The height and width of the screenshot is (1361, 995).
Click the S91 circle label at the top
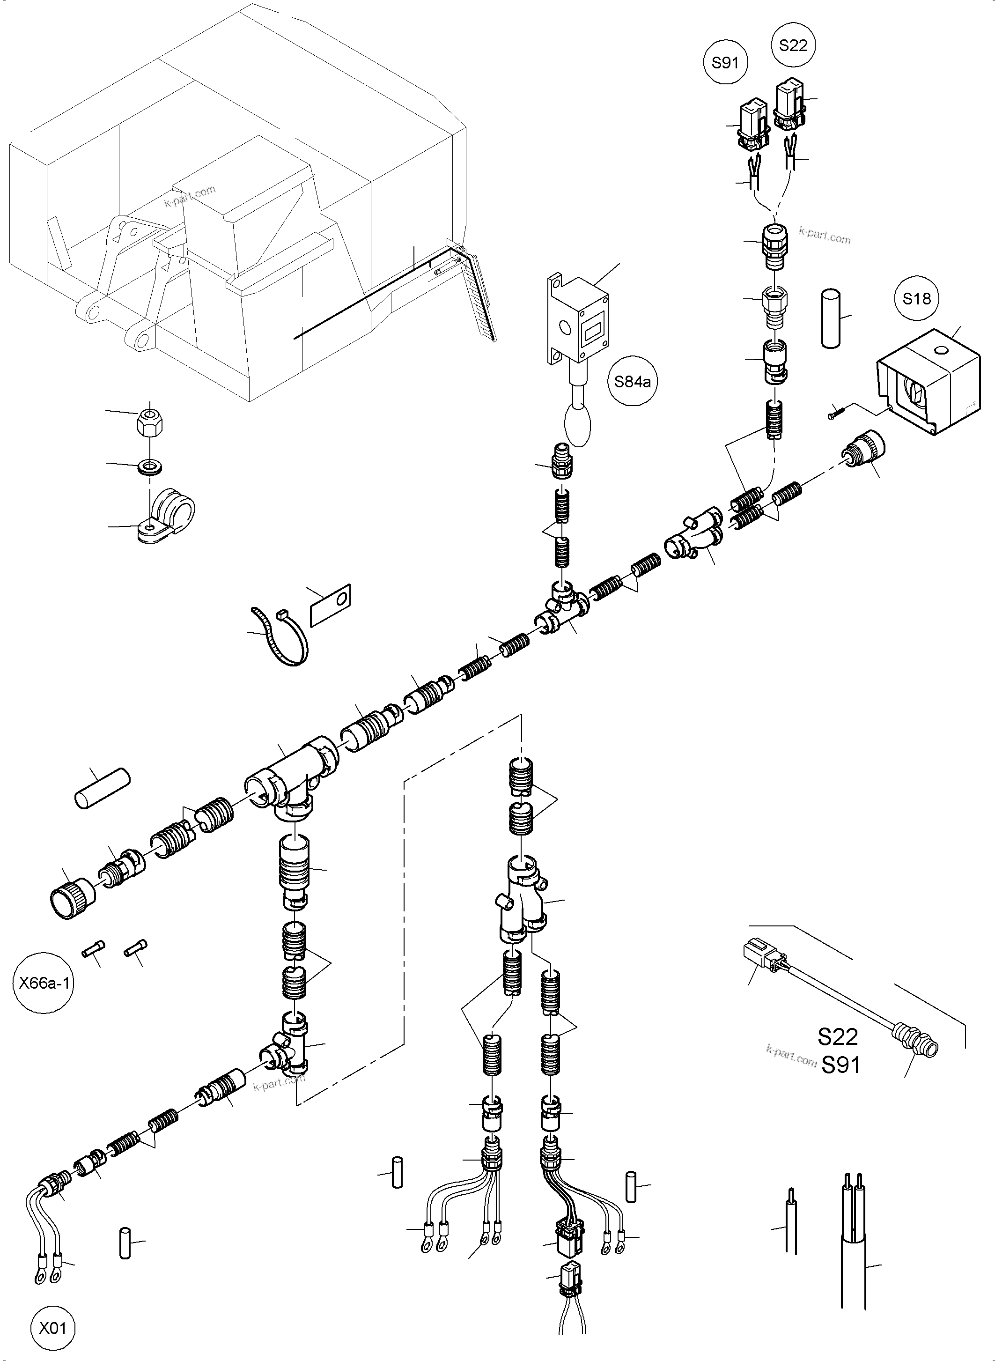pyautogui.click(x=725, y=63)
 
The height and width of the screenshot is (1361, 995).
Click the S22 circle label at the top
pyautogui.click(x=793, y=45)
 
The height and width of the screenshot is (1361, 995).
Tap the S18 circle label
pyautogui.click(x=917, y=298)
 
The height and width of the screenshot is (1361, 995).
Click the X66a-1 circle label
pyautogui.click(x=44, y=983)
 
